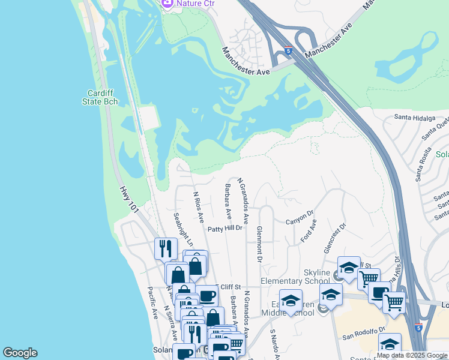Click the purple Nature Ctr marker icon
(x=167, y=3)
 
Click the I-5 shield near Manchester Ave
(x=289, y=50)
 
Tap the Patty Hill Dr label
(x=225, y=228)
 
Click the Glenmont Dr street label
(x=259, y=244)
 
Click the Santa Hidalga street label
(x=414, y=118)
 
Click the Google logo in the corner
(x=20, y=353)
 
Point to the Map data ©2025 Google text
(x=412, y=355)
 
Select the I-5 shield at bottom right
(x=418, y=328)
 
